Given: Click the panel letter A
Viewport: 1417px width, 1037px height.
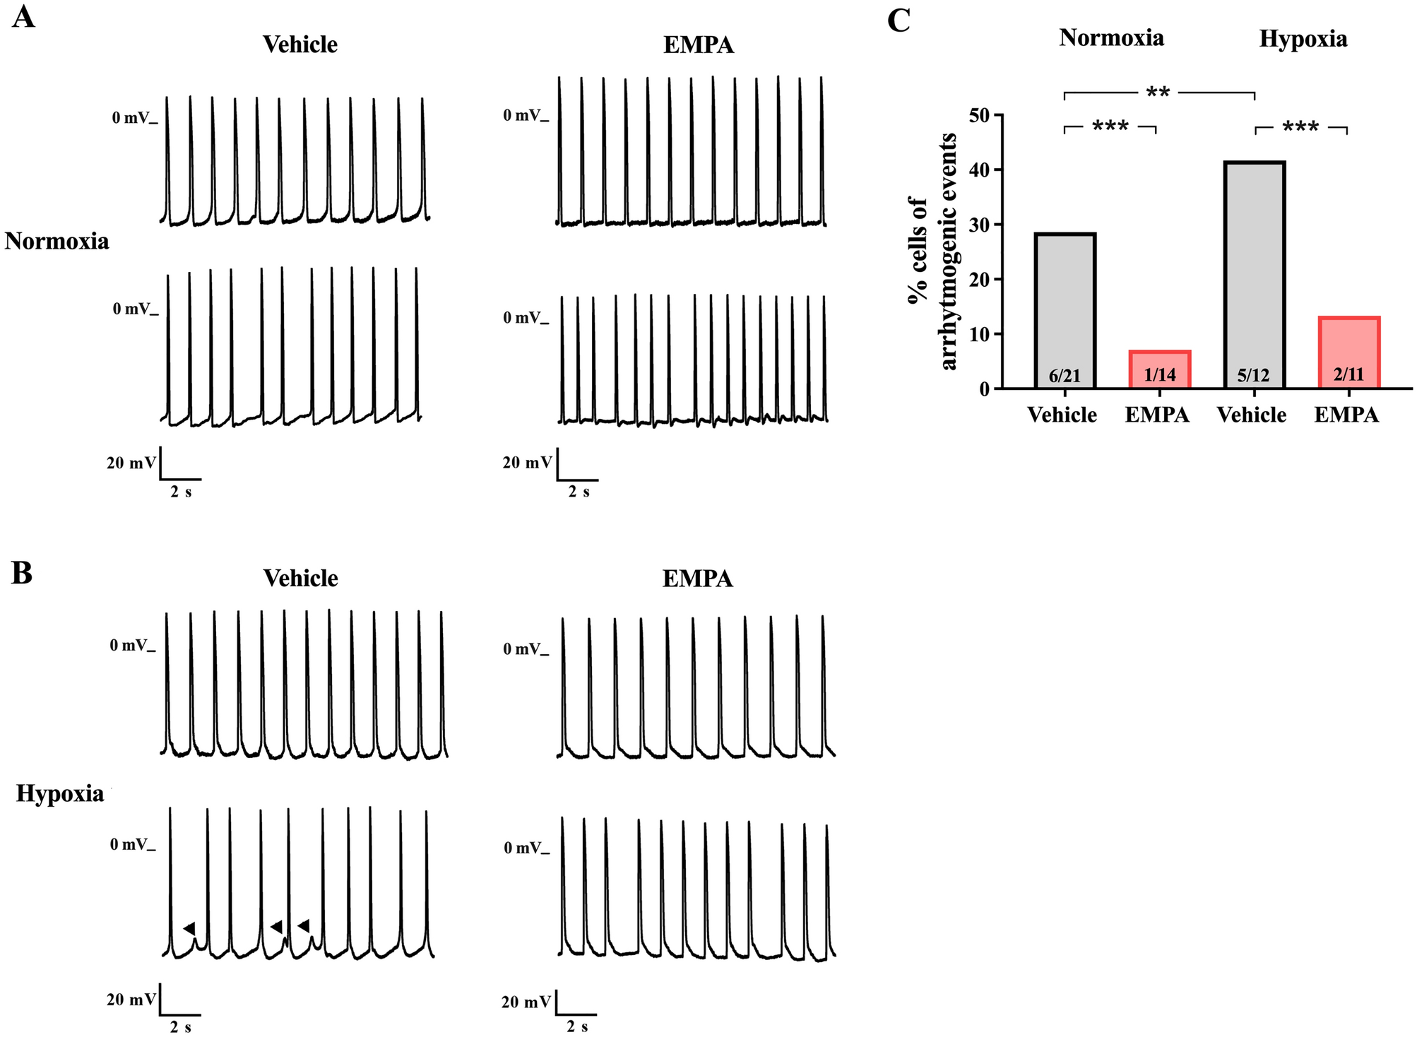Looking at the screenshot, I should tap(23, 17).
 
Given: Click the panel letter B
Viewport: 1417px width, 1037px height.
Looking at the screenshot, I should tap(22, 574).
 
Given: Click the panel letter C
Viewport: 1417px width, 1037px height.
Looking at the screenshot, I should tap(899, 20).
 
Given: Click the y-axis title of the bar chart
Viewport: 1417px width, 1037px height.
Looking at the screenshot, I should tap(932, 251).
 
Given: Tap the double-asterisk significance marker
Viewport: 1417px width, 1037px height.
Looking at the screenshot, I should tap(1158, 93).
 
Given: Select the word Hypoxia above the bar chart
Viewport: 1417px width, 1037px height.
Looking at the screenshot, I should tap(1303, 39).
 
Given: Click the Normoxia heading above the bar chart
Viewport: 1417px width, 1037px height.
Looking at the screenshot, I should tap(1111, 37).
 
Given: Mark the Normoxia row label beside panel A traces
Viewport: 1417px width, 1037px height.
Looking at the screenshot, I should tap(57, 242).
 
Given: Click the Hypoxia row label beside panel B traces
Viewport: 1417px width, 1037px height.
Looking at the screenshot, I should tap(60, 794).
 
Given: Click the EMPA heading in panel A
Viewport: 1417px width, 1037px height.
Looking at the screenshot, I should tap(698, 45).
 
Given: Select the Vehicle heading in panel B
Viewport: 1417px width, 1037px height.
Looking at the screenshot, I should tap(300, 579).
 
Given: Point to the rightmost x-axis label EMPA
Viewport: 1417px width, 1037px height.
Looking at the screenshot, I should tap(1346, 415).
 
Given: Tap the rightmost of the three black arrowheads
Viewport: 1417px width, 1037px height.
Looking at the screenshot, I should tap(304, 925).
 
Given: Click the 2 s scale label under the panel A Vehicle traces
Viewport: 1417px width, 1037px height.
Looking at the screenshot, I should tap(181, 492).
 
